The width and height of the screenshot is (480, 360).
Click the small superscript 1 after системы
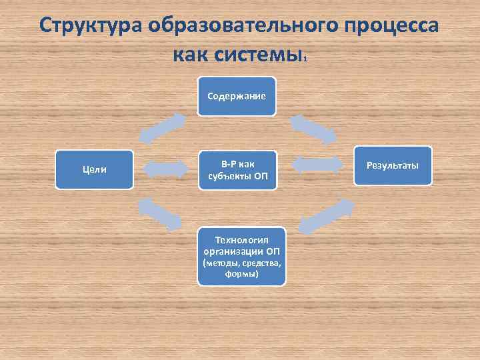tap(305, 59)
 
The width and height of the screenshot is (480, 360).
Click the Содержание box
tap(237, 96)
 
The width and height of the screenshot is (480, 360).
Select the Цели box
tap(94, 169)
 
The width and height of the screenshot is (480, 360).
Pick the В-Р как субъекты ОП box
tap(237, 169)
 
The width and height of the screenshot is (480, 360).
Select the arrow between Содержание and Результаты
tap(313, 129)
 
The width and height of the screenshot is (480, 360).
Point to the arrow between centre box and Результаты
tap(317, 167)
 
